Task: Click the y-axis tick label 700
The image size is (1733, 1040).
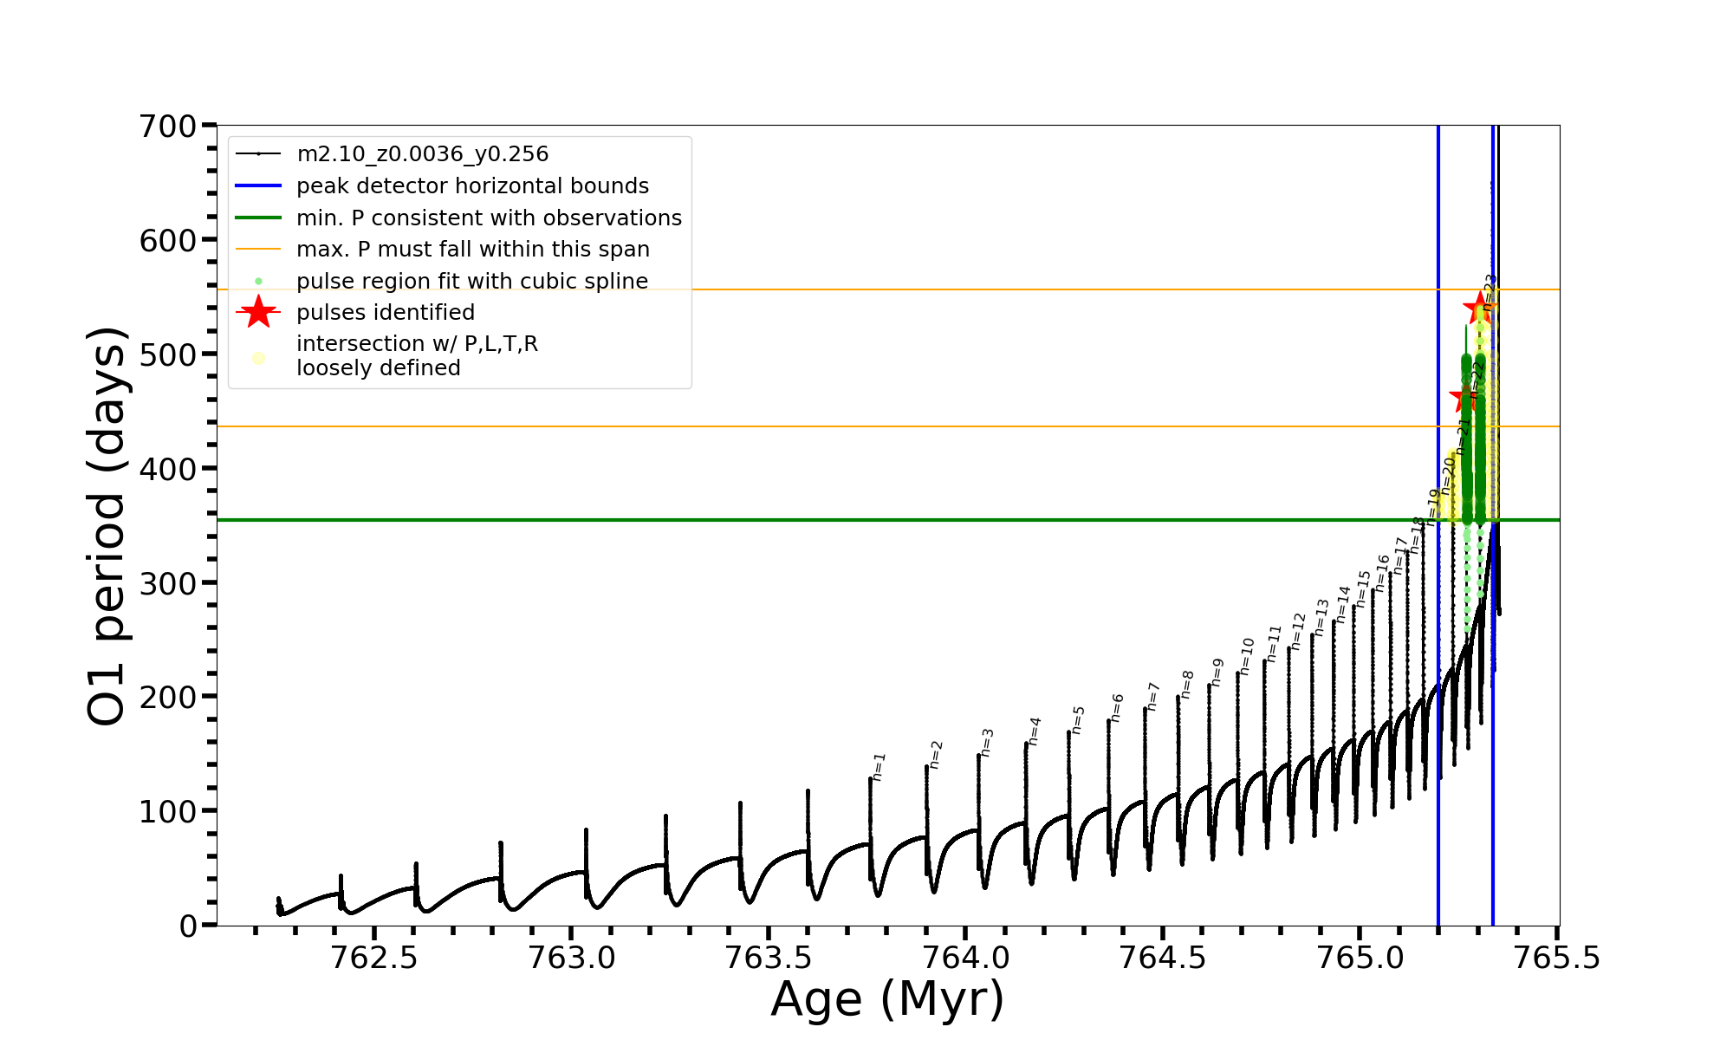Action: click(168, 127)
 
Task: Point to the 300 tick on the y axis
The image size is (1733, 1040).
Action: click(168, 583)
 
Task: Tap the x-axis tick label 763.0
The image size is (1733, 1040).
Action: click(571, 958)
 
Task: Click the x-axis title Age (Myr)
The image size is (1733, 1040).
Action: click(887, 999)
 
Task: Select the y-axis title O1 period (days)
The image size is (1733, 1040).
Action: click(107, 525)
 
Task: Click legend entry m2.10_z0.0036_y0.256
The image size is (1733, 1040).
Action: click(422, 154)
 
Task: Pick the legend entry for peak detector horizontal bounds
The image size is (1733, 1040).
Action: click(472, 186)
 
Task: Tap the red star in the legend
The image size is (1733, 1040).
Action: click(258, 312)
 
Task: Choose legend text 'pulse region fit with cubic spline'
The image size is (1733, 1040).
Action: click(471, 282)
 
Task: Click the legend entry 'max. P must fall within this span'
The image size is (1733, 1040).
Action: click(472, 250)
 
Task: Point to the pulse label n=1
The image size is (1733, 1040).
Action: click(879, 767)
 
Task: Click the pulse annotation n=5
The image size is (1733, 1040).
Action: click(1079, 720)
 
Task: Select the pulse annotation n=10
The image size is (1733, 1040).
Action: click(1248, 656)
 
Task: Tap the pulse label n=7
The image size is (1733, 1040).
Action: click(1153, 697)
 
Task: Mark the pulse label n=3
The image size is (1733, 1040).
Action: click(988, 743)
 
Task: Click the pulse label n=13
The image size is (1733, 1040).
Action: click(1321, 617)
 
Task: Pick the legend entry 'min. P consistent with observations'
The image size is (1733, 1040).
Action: click(489, 218)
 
